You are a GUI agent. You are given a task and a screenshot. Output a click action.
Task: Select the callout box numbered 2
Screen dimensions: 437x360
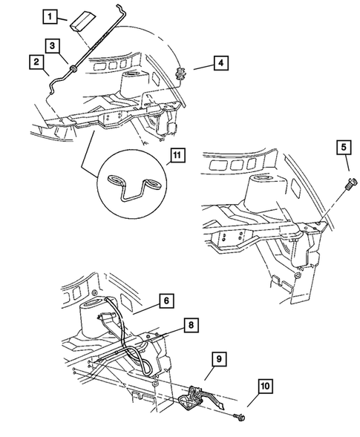[x=35, y=64]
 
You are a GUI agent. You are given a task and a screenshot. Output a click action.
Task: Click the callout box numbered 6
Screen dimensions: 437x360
[x=168, y=300]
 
